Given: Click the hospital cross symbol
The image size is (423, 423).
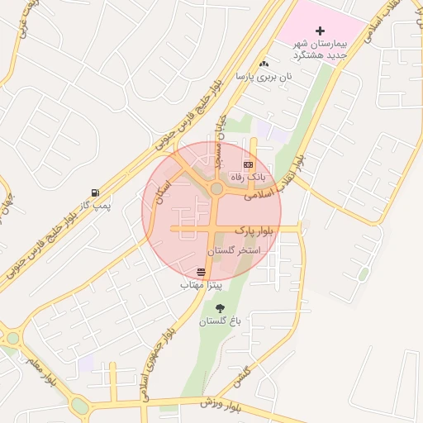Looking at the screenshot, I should pos(321,31).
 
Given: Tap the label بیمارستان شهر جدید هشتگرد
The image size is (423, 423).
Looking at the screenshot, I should pos(322,49).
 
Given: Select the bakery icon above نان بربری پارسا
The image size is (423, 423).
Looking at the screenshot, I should pos(264,64).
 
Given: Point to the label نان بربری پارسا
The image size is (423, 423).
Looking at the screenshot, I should pos(264,76).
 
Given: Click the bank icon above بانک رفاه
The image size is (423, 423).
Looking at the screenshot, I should pos(249,165).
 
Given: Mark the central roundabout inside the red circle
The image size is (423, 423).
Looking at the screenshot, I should pos(216,189).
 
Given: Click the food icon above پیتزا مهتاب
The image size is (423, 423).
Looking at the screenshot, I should pos(202,272).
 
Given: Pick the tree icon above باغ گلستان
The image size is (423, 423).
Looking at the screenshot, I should pos(219,308).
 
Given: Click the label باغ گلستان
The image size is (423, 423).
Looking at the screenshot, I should pos(217,321).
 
